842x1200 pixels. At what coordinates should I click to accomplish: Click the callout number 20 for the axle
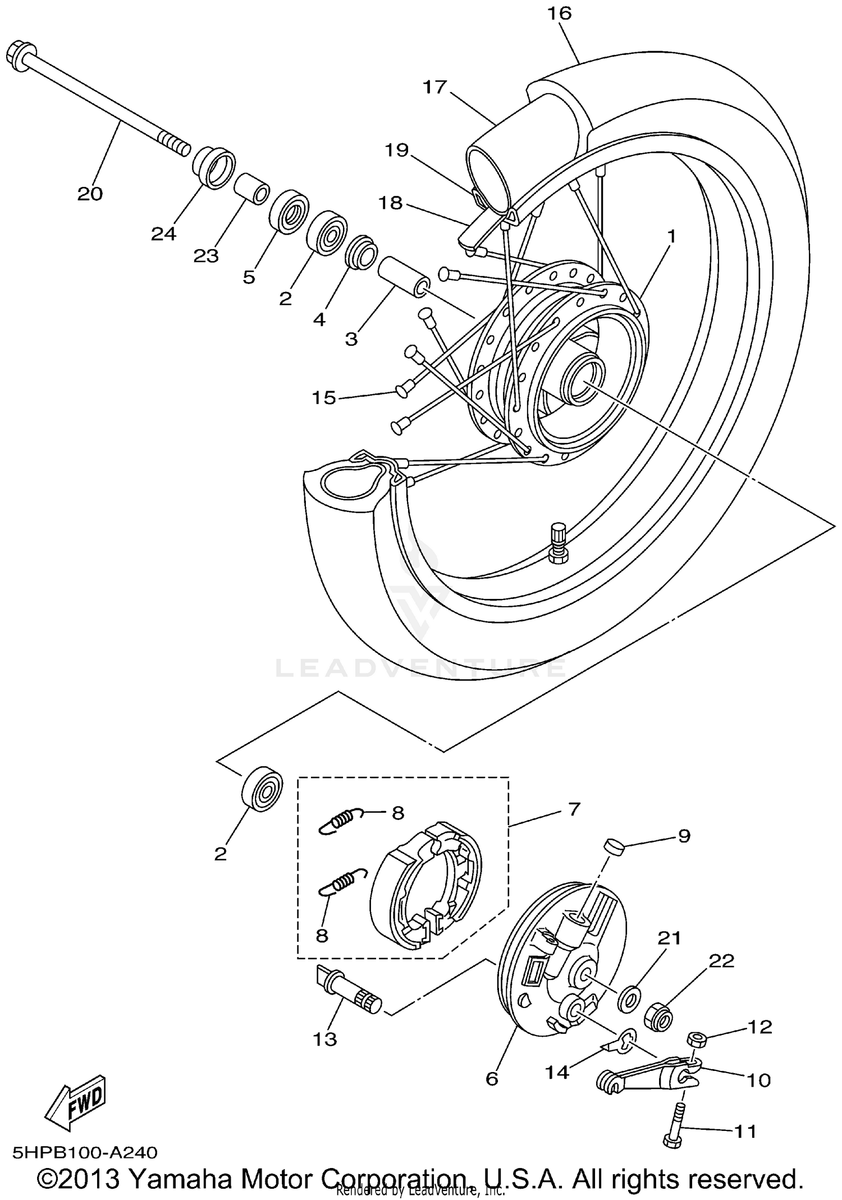(x=90, y=194)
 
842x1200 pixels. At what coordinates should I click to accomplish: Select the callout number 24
(x=163, y=234)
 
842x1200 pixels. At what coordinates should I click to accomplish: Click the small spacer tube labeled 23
(x=251, y=190)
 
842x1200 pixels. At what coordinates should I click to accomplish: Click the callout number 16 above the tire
(x=559, y=13)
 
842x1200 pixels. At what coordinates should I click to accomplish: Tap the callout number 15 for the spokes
(x=324, y=398)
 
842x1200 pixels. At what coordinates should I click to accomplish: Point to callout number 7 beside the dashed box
(x=573, y=809)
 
